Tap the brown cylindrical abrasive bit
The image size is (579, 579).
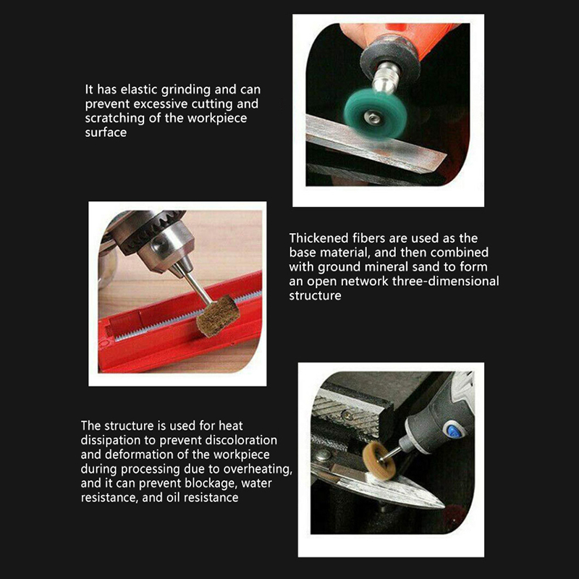(218, 316)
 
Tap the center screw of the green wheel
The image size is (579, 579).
(371, 118)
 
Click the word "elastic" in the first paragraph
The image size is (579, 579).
(139, 89)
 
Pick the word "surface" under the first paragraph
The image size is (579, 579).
(106, 132)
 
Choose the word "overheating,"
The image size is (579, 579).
(258, 469)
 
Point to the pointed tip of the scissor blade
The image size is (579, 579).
(444, 507)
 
